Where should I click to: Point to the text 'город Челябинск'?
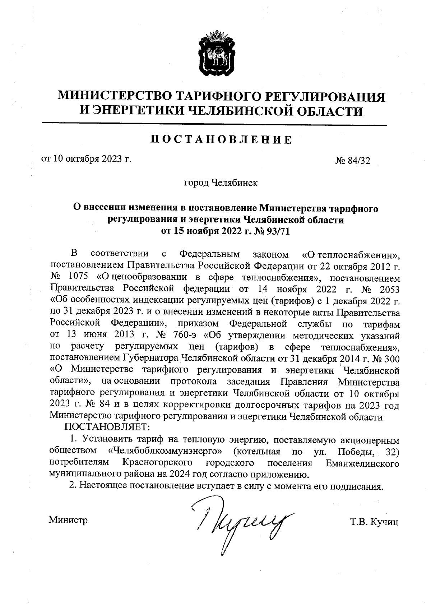click(x=221, y=183)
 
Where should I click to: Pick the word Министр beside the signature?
click(x=68, y=520)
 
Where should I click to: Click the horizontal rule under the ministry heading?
click(x=214, y=125)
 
